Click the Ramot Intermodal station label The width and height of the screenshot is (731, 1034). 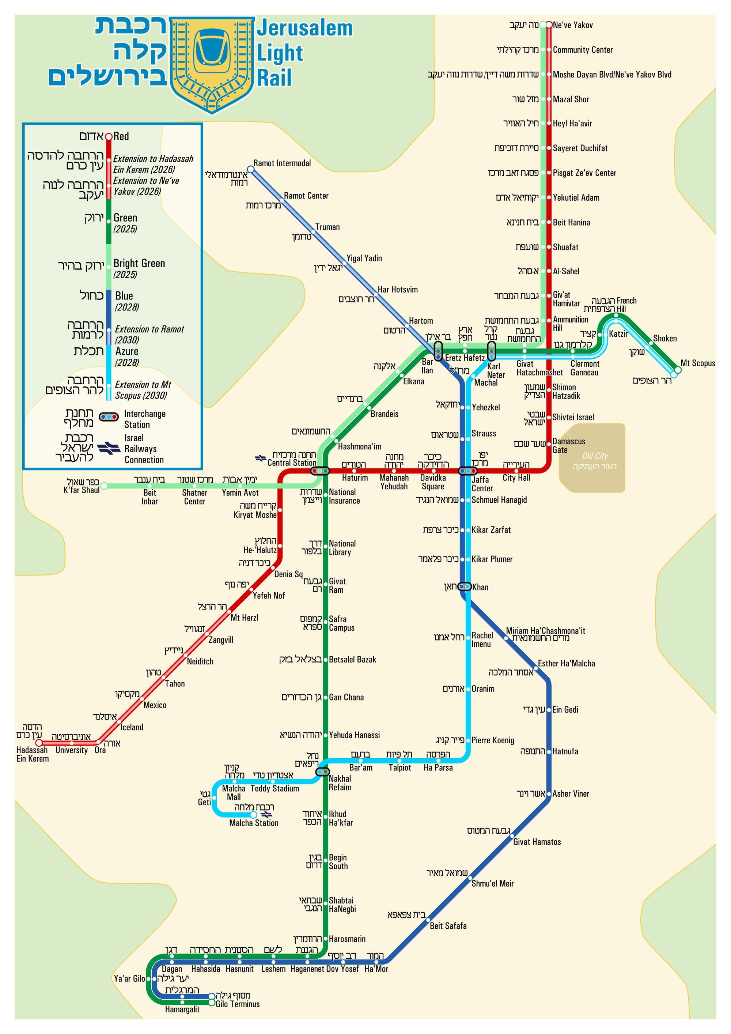pyautogui.click(x=282, y=163)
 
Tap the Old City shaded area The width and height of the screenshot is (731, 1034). pyautogui.click(x=591, y=457)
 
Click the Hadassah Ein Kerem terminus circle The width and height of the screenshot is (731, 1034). pyautogui.click(x=39, y=743)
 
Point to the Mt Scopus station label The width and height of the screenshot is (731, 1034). pyautogui.click(x=697, y=363)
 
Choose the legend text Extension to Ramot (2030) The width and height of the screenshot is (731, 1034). pyautogui.click(x=149, y=335)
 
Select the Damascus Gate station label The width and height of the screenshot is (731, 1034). pyautogui.click(x=568, y=445)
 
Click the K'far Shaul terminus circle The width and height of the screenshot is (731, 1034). pyautogui.click(x=104, y=486)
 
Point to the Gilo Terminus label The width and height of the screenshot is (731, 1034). pyautogui.click(x=237, y=1004)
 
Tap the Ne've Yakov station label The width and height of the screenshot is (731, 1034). pyautogui.click(x=573, y=25)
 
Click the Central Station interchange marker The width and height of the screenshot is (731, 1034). pyautogui.click(x=320, y=471)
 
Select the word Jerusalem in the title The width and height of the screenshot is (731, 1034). pyautogui.click(x=304, y=29)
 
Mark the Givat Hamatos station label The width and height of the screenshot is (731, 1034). pyautogui.click(x=537, y=842)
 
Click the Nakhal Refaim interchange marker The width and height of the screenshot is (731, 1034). pyautogui.click(x=322, y=772)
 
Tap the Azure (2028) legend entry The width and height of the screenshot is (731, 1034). pyautogui.click(x=126, y=356)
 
